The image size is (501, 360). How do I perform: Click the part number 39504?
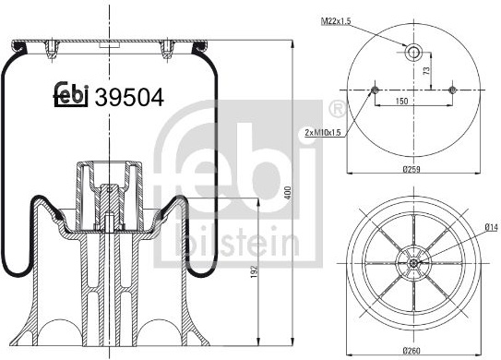[x=129, y=97]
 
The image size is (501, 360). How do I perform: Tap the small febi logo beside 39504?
[x=70, y=94]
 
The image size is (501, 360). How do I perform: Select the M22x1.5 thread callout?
[x=336, y=21]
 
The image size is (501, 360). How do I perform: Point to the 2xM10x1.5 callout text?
[x=323, y=132]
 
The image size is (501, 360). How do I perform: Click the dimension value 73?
[x=426, y=71]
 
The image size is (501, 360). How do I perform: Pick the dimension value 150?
[x=401, y=101]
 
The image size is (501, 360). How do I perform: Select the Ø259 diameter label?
[x=412, y=169]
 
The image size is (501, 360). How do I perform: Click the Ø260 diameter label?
[x=412, y=351]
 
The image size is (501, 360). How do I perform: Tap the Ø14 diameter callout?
[x=492, y=227]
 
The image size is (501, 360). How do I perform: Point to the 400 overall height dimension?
[x=288, y=193]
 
